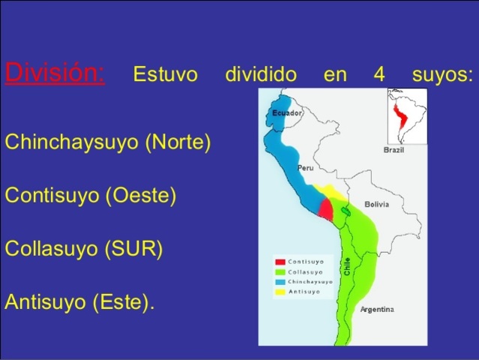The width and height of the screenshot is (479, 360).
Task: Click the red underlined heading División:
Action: tap(55, 74)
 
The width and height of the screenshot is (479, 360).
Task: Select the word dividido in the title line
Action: tap(260, 75)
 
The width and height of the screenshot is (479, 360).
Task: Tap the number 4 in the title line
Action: tap(378, 75)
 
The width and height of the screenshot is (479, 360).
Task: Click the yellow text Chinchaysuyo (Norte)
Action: tap(108, 142)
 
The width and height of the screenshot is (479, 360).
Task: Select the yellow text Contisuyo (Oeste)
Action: tap(91, 195)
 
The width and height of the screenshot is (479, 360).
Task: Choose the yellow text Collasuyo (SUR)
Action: tap(84, 248)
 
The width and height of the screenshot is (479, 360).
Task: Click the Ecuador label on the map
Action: tap(287, 113)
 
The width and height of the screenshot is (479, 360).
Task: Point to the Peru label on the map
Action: tap(305, 168)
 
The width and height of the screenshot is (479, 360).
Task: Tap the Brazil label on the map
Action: tap(394, 150)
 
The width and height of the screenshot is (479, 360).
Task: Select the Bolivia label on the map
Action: tap(377, 204)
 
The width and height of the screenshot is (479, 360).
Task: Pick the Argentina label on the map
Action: tap(376, 309)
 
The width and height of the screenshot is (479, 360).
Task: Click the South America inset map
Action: tap(407, 116)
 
